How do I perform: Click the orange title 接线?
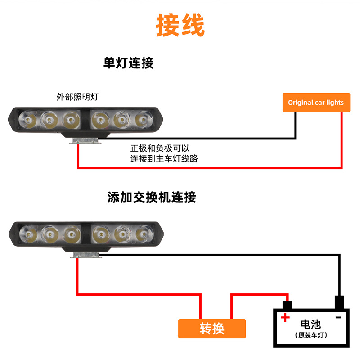pos(180,25)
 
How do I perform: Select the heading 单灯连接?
pos(129,63)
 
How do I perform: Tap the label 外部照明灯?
pos(77,96)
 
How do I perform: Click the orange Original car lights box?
pos(315,103)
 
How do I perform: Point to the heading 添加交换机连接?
pos(152,197)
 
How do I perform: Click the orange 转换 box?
pos(212,328)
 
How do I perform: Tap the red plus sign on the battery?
pos(285,318)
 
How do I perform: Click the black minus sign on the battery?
pos(338,317)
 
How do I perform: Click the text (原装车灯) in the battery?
pos(311,335)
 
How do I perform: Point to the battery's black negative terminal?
pos(339,301)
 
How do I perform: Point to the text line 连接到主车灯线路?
pos(164,158)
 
